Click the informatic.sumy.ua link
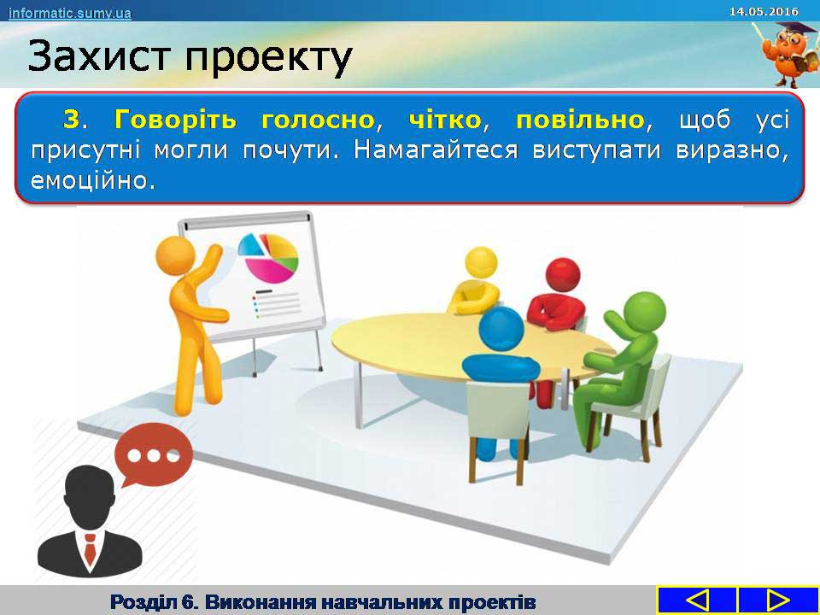[x=69, y=13]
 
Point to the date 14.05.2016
[x=764, y=11]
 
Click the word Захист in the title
[x=99, y=56]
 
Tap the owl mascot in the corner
[x=788, y=55]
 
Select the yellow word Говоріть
[x=175, y=120]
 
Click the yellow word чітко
[x=444, y=120]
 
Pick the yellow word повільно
[x=580, y=120]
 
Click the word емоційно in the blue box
[x=93, y=180]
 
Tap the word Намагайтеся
[x=436, y=150]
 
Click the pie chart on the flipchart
[x=268, y=257]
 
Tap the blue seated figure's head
[x=501, y=329]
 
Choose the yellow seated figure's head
[x=481, y=263]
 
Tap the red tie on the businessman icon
[x=90, y=549]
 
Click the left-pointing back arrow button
[x=697, y=600]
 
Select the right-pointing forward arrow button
[x=778, y=600]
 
